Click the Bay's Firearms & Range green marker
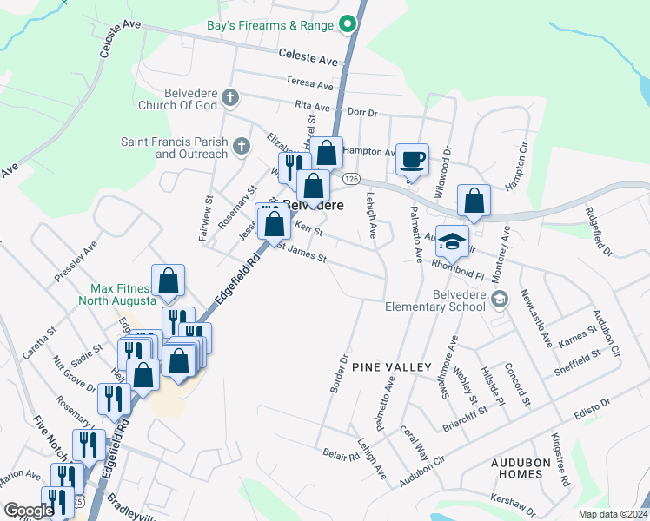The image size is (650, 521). pyautogui.click(x=348, y=25)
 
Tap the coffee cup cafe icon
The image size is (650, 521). pyautogui.click(x=412, y=159)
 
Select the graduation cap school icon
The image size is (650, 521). pyautogui.click(x=451, y=241)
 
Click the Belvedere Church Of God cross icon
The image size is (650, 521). pyautogui.click(x=230, y=96)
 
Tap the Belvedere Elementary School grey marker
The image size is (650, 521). pyautogui.click(x=499, y=300)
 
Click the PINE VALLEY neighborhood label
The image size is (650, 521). pyautogui.click(x=392, y=367)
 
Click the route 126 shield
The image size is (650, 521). pyautogui.click(x=351, y=178)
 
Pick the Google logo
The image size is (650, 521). pyautogui.click(x=30, y=511)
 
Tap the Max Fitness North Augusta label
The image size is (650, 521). pyautogui.click(x=121, y=294)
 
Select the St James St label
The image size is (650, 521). pyautogui.click(x=302, y=256)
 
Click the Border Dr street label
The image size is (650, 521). pyautogui.click(x=340, y=373)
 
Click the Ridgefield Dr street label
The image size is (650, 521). pyautogui.click(x=599, y=230)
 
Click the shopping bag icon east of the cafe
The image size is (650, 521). pyautogui.click(x=474, y=201)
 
